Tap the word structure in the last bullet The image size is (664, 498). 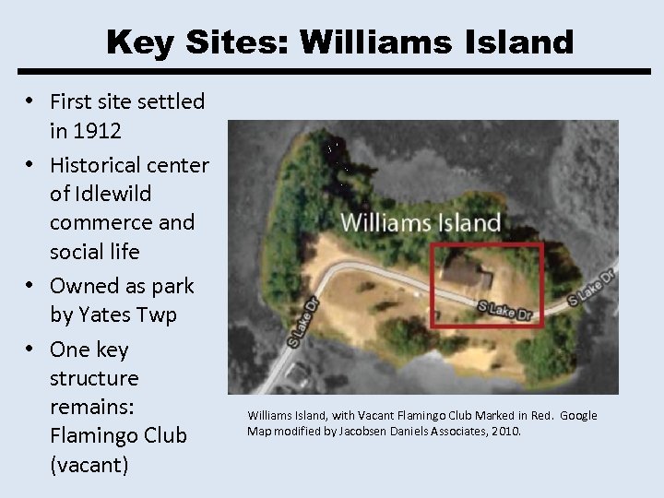pos(94,378)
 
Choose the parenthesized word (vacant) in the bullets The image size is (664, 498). pos(89,464)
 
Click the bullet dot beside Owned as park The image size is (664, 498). pos(31,286)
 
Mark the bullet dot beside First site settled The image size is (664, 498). pos(31,101)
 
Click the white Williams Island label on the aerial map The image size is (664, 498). pos(421,222)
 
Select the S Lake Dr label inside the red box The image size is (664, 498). pos(504,311)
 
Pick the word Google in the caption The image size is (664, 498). pos(578,416)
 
